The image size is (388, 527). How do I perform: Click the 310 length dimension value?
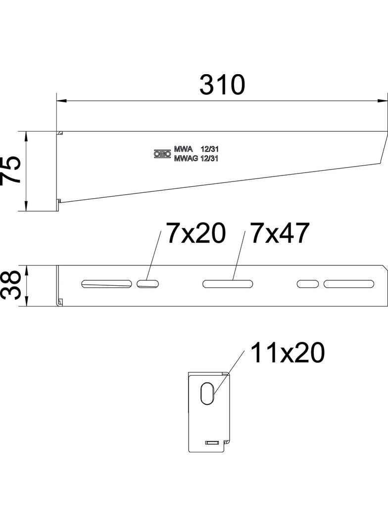tap(222, 85)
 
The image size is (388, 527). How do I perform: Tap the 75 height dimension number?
tap(11, 170)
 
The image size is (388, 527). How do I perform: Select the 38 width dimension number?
tap(11, 285)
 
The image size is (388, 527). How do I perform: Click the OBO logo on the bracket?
tap(162, 154)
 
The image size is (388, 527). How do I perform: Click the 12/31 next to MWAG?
tap(209, 159)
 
